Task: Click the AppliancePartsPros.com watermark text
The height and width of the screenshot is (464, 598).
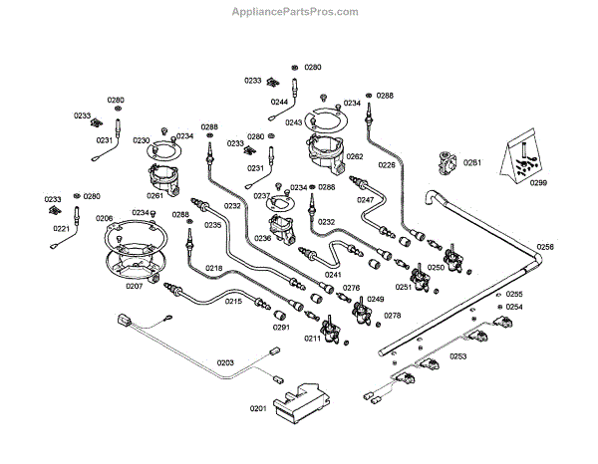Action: click(x=294, y=12)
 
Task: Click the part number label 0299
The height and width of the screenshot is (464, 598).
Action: click(x=538, y=183)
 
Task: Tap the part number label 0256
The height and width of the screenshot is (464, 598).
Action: click(x=544, y=246)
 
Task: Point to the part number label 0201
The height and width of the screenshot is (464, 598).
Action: click(x=258, y=409)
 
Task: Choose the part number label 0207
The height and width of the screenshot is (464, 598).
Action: click(x=134, y=286)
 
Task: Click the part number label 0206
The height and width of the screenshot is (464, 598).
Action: click(x=104, y=218)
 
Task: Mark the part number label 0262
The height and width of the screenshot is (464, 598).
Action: click(x=354, y=156)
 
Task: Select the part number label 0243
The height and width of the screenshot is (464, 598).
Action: click(x=293, y=122)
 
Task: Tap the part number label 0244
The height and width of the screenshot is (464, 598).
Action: click(x=279, y=101)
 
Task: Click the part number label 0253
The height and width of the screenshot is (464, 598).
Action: click(x=457, y=355)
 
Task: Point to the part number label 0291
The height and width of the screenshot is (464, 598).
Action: click(x=281, y=327)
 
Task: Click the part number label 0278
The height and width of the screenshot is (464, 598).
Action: click(x=393, y=316)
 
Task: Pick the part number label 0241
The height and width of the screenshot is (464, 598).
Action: click(x=333, y=274)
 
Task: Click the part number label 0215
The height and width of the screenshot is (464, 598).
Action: click(x=232, y=301)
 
